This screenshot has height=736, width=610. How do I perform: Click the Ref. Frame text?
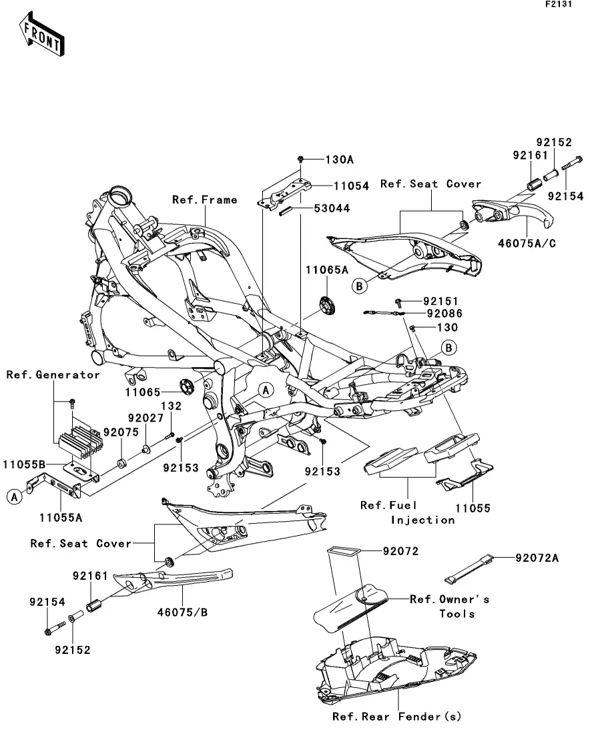pos(204,200)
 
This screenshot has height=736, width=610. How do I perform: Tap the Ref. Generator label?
pos(53,375)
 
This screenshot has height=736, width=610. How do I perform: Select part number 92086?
pos(444,312)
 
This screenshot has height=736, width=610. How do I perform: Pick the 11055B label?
pos(23,462)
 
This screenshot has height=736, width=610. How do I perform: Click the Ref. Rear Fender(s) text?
pos(397,717)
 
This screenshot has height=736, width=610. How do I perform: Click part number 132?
pos(172,405)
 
